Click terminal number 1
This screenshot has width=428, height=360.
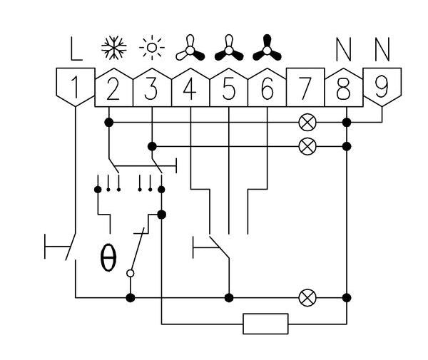(x=75, y=88)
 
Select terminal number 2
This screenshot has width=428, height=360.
(x=113, y=88)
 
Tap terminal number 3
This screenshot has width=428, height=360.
(x=151, y=88)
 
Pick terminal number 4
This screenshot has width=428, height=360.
(x=190, y=88)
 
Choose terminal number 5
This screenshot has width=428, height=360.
(x=228, y=88)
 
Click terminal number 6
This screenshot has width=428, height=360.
(x=267, y=88)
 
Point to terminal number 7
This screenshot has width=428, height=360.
(x=305, y=88)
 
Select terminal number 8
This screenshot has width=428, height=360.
(x=344, y=88)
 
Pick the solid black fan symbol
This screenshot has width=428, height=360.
(x=267, y=48)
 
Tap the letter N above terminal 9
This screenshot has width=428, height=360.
(x=382, y=50)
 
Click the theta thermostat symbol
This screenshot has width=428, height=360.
(x=108, y=259)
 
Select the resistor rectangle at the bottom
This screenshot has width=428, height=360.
(x=265, y=324)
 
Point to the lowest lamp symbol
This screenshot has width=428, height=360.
(x=307, y=297)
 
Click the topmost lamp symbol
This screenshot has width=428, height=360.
(x=307, y=123)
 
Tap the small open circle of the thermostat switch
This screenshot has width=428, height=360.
(x=130, y=272)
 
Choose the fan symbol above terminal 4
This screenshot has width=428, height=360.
(x=190, y=48)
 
